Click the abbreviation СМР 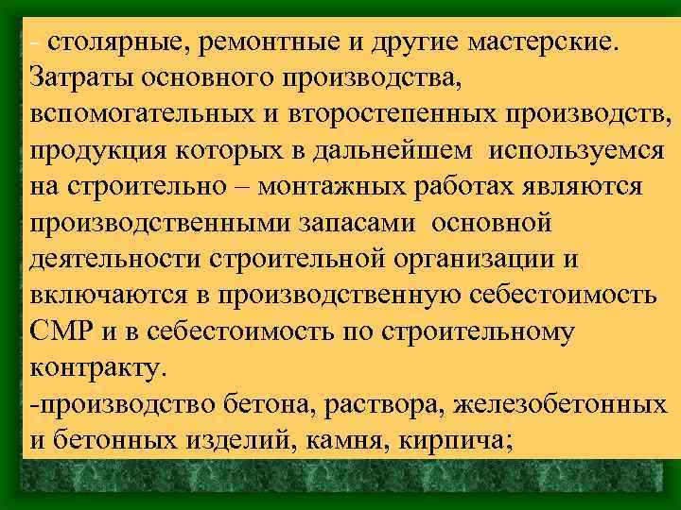pyautogui.click(x=59, y=331)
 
